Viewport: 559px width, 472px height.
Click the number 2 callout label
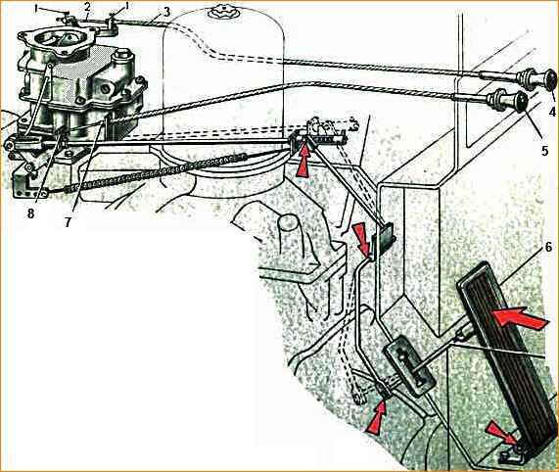click(x=88, y=8)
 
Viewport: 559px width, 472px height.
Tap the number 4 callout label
click(x=552, y=112)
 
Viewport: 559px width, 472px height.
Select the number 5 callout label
click(x=544, y=151)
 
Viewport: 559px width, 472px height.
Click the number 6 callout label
click(x=548, y=247)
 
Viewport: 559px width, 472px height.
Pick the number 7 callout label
click(x=68, y=222)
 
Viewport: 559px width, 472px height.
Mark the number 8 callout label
click(x=30, y=213)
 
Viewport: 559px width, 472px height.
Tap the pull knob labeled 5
click(x=508, y=101)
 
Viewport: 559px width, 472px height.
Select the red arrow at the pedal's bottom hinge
click(x=501, y=432)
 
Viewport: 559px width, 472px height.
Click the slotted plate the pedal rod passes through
click(x=409, y=365)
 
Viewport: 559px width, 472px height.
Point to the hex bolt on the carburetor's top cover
click(x=122, y=57)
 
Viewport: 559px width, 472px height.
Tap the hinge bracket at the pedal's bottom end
click(x=508, y=454)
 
